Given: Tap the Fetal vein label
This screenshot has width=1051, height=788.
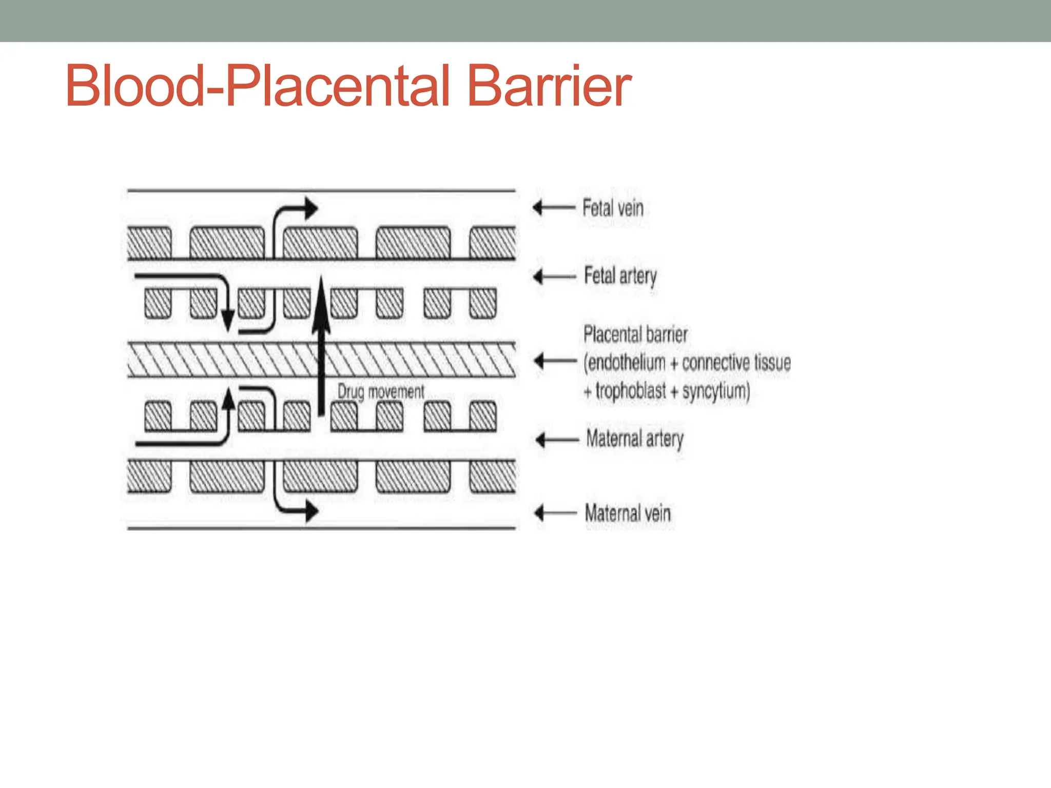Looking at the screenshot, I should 613,208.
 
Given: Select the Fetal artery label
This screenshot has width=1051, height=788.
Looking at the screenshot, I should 620,277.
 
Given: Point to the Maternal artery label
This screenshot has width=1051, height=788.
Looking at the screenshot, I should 635,439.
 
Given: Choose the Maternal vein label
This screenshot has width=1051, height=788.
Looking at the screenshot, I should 628,513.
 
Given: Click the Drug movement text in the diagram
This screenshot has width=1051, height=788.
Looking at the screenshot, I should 381,392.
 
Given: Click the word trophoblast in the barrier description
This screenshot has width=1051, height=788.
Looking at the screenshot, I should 630,391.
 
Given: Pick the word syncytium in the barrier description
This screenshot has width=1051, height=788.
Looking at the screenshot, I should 715,391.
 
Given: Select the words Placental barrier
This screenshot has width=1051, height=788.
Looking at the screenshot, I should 635,334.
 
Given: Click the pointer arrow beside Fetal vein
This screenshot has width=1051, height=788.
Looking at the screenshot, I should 553,208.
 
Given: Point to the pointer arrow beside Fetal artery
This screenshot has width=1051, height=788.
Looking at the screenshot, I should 554,277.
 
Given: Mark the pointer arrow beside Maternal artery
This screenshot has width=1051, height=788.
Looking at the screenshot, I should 556,440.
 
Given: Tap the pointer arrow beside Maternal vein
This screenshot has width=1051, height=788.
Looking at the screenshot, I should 555,513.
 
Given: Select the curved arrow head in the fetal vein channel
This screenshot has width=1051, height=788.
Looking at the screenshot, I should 310,208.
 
